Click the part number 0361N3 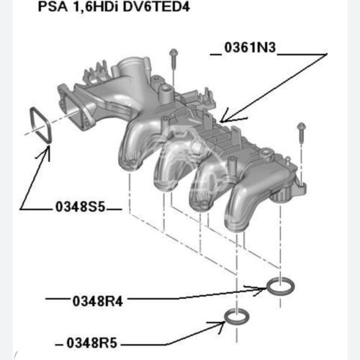point(250,48)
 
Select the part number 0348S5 point(81,207)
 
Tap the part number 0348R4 point(98,301)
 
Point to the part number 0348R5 point(91,343)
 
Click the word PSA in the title point(53,6)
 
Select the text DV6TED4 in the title point(156,6)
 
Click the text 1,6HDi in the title point(95,7)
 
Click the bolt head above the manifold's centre point(174,53)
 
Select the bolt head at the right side point(301,126)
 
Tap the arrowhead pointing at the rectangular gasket point(48,149)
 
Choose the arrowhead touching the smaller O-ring point(222,325)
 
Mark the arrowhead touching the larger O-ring point(261,289)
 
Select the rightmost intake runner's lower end point(235,225)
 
